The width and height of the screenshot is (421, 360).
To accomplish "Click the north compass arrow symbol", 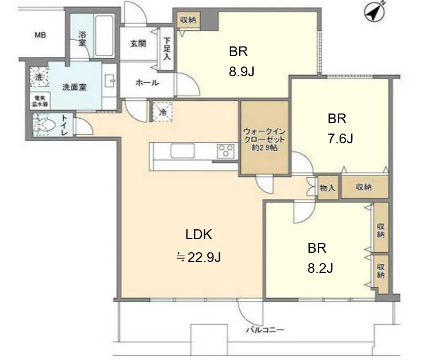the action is [x=375, y=13].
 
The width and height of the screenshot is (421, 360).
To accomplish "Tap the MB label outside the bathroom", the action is [x=40, y=35].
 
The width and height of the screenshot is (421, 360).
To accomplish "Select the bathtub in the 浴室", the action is [x=105, y=36].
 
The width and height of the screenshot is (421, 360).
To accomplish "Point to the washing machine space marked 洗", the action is [x=39, y=77].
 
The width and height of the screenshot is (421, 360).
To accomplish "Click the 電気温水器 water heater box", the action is [x=40, y=101].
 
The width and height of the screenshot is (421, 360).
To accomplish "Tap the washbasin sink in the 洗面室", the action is [x=110, y=80].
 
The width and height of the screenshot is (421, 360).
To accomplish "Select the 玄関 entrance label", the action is [x=138, y=44].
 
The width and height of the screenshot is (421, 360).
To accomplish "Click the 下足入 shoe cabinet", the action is [x=167, y=49].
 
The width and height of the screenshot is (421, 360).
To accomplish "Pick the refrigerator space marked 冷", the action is [x=162, y=112].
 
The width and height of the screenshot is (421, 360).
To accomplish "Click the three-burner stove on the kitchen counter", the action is [x=225, y=150].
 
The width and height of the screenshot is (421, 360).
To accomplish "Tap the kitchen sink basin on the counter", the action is [x=182, y=151].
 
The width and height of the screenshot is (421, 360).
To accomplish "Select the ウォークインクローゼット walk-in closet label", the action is [x=264, y=140].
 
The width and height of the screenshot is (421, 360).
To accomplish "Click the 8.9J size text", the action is [x=241, y=72].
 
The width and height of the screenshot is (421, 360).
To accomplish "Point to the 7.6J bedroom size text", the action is [x=340, y=138].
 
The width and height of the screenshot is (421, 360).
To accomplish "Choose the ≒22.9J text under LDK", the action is [x=198, y=257].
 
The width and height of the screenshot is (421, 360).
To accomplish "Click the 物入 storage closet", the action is [x=328, y=187].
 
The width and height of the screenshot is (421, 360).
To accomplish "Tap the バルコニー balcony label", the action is [x=265, y=330].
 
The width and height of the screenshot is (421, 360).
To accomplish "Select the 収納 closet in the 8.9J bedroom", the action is [x=189, y=20].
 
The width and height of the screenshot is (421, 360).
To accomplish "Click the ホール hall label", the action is [x=147, y=83].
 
